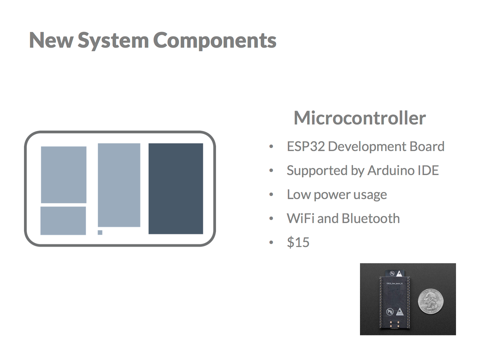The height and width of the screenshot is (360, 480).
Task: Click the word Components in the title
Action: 215,41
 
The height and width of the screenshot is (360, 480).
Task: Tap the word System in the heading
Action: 113,41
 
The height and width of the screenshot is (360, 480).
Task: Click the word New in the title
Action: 51,41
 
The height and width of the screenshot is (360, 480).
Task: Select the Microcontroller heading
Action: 360,118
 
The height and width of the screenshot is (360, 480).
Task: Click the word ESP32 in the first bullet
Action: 306,147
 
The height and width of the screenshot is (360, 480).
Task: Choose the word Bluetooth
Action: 371,219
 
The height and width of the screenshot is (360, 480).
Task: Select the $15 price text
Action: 298,243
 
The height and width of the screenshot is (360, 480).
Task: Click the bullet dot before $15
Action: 271,243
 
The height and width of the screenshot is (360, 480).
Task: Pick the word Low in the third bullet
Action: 298,195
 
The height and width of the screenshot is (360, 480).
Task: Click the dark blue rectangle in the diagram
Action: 176,188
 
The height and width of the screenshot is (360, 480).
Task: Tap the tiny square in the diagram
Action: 100,232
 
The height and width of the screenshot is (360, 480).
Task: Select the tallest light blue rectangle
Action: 119,185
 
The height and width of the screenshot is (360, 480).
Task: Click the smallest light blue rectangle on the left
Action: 63,221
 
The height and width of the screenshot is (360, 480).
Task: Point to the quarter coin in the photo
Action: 431,301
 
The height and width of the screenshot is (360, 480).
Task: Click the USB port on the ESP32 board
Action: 395,326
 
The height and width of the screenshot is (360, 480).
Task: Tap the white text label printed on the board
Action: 394,284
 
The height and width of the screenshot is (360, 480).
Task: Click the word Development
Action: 367,147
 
